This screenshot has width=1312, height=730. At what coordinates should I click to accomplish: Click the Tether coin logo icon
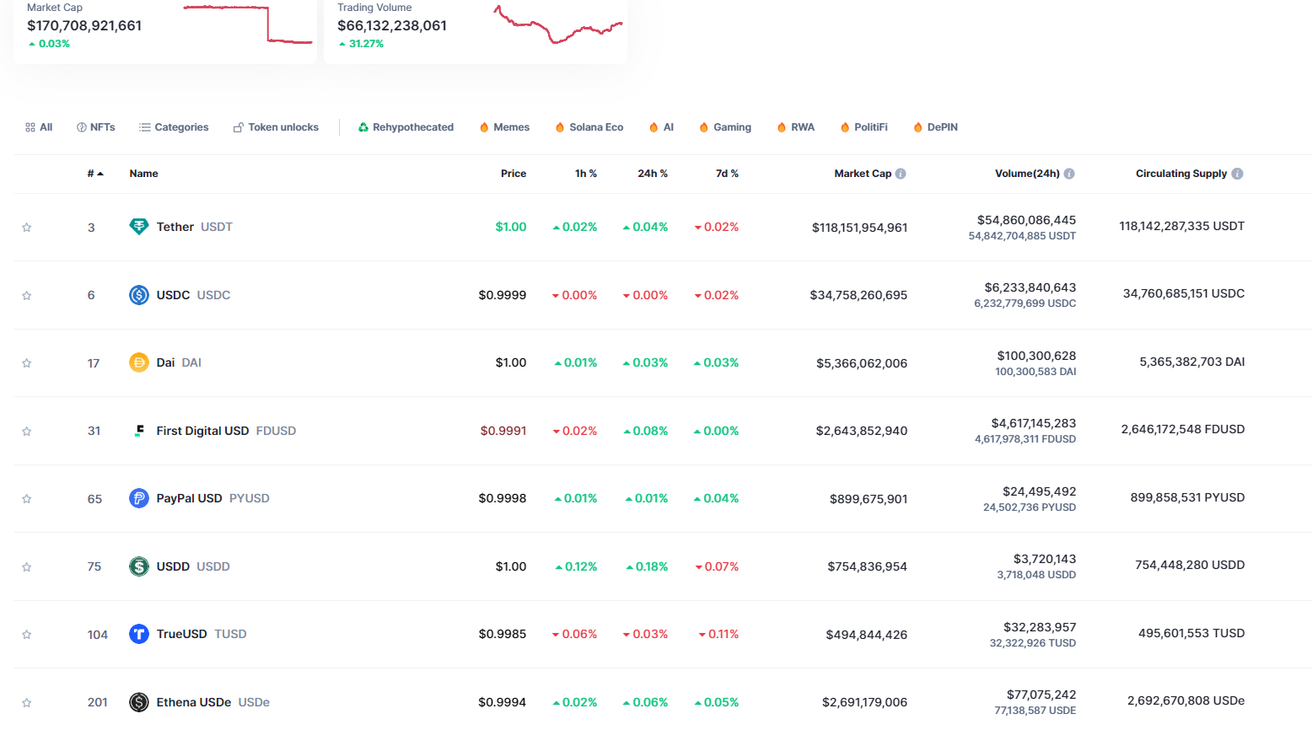139,227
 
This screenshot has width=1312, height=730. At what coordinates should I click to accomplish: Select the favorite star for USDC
27,296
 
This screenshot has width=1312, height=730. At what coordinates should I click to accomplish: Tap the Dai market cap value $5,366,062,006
861,363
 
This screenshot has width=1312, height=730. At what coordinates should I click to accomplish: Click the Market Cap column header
862,174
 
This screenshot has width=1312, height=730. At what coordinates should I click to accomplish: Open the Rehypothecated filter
406,127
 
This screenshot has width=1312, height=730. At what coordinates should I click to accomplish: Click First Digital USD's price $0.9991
503,431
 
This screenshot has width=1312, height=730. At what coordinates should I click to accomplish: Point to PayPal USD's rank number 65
94,499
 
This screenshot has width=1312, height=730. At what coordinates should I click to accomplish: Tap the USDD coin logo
139,566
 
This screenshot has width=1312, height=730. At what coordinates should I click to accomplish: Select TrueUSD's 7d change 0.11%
723,634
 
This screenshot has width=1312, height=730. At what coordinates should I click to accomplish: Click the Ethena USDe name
193,702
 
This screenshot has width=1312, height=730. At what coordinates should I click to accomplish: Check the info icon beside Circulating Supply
1237,174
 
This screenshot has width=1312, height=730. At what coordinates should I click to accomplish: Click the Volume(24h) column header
1026,174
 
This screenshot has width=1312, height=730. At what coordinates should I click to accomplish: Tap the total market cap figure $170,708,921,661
84,25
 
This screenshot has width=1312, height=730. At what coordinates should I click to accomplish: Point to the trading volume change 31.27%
366,44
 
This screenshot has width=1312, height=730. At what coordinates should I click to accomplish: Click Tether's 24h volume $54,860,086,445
1026,220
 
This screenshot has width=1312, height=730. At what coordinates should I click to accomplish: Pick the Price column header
513,174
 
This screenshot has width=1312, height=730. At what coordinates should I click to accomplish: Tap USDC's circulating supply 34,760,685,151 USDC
1183,293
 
